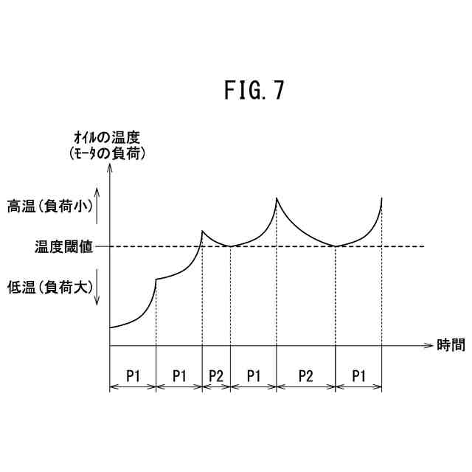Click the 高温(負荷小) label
[x=49, y=207]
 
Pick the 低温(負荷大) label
[x=49, y=287]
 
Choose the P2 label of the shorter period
[x=216, y=375]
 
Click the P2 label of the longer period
[x=306, y=375]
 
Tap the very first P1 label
[x=133, y=375]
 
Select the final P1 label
[x=358, y=375]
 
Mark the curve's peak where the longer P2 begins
[x=277, y=198]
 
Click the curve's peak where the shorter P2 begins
[x=202, y=231]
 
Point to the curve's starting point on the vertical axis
[x=111, y=327]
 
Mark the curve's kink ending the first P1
[x=156, y=279]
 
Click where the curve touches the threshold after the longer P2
[x=336, y=246]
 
